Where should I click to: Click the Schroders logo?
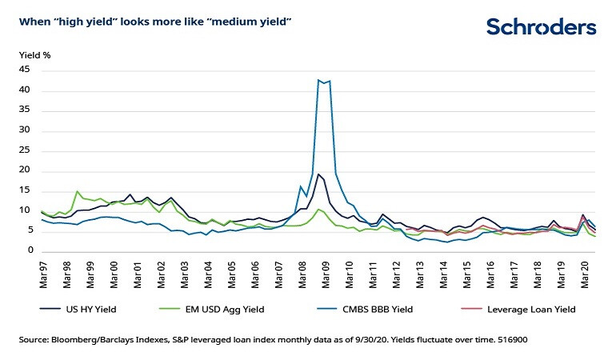tap(542, 27)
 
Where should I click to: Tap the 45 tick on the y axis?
tap(26, 70)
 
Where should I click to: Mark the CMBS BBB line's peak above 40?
tap(319, 80)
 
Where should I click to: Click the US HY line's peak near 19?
tap(318, 174)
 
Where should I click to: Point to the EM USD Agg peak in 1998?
tap(77, 191)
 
